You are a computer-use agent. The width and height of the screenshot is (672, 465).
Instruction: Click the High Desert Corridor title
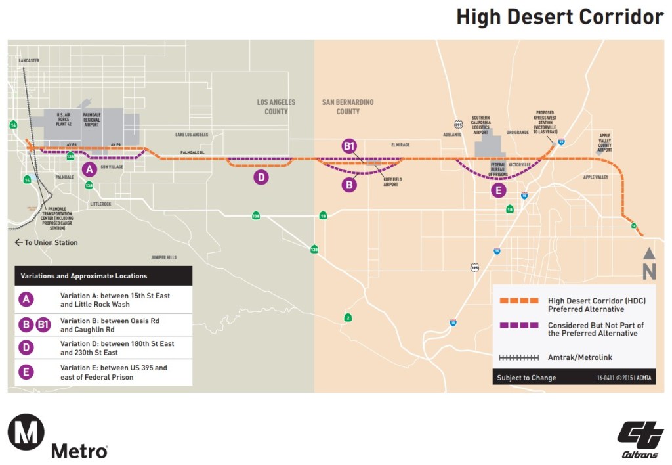(560, 17)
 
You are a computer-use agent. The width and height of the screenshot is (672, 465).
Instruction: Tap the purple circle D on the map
(261, 177)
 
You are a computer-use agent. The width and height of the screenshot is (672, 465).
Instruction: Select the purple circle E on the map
(499, 190)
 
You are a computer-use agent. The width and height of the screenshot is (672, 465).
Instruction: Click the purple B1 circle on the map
(349, 146)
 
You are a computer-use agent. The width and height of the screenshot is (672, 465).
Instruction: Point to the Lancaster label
(30, 60)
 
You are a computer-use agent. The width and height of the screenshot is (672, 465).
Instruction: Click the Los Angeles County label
(276, 106)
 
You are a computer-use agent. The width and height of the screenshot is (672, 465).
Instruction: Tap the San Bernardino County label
(348, 106)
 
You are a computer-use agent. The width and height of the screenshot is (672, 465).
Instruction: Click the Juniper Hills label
(163, 257)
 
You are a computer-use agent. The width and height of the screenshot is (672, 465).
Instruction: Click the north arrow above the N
(648, 254)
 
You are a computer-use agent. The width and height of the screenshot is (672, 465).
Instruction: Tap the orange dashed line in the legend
(519, 301)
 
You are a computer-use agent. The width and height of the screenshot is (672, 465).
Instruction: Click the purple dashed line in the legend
(519, 326)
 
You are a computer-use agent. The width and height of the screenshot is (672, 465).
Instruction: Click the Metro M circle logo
(26, 435)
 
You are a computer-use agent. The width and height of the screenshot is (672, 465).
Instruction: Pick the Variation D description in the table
(117, 348)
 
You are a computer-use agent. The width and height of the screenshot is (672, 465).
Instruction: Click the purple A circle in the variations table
(26, 300)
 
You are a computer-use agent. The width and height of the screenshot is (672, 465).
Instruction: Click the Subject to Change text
(526, 378)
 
